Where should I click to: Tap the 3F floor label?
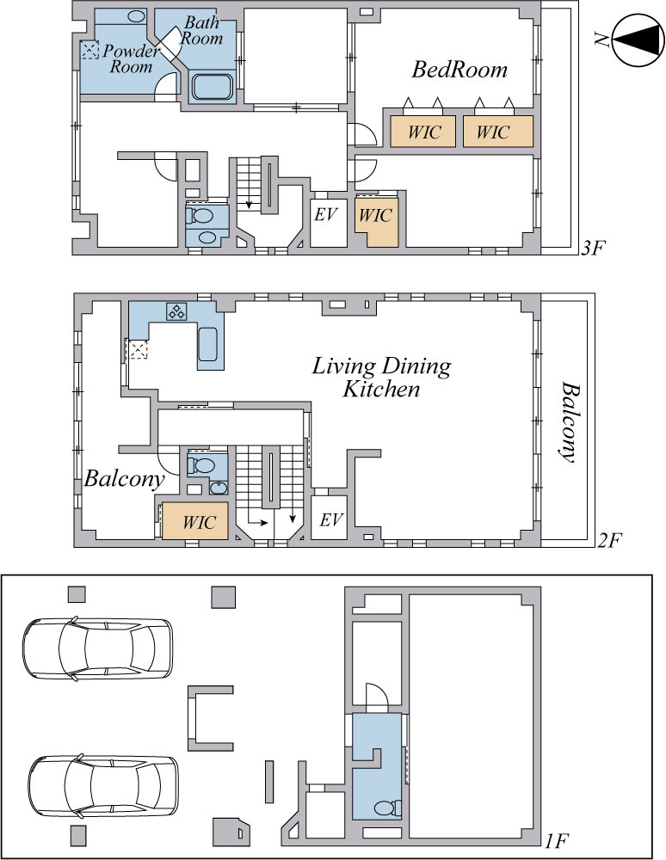[x=593, y=249]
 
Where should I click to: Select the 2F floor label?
[x=608, y=541]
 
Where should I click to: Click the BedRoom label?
[x=459, y=70]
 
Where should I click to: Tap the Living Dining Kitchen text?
[x=382, y=378]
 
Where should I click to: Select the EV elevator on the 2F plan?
[x=330, y=519]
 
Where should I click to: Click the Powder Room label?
[x=131, y=58]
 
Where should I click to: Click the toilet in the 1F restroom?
[x=388, y=808]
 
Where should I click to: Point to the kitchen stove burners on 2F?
[x=176, y=311]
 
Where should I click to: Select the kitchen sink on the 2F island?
[x=208, y=344]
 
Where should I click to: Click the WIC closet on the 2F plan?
[x=195, y=521]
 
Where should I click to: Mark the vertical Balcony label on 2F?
[x=569, y=422]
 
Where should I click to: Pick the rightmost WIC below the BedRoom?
[x=497, y=131]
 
